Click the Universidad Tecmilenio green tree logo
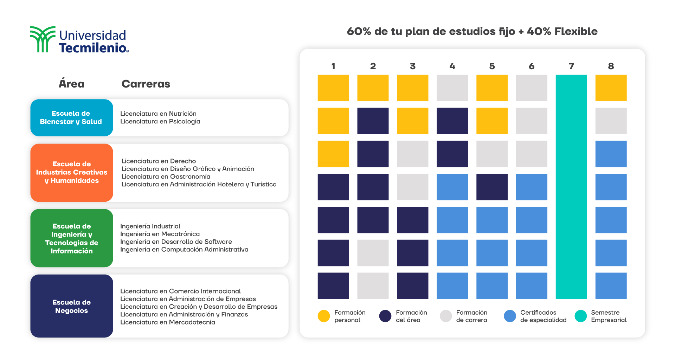pos(42,39)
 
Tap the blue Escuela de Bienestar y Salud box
pos(71,118)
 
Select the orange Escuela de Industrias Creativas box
pos(71,172)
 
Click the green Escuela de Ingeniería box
pos(71,238)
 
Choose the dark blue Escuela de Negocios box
pos(71,306)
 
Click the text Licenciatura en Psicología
pos(160,121)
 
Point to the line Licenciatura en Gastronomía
pos(166,176)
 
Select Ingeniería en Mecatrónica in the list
pos(160,234)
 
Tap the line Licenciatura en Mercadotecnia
pos(167,322)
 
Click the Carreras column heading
pos(146,84)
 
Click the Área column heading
pos(71,84)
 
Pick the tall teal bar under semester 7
pos(571,187)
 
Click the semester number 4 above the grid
pos(452,66)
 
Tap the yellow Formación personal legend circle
pos(323,316)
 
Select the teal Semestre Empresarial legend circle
pos(580,316)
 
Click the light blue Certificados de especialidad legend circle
pos(509,316)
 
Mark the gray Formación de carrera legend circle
pos(445,316)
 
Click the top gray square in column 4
pos(452,88)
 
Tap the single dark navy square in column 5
pos(492,187)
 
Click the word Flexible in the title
pos(576,31)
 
